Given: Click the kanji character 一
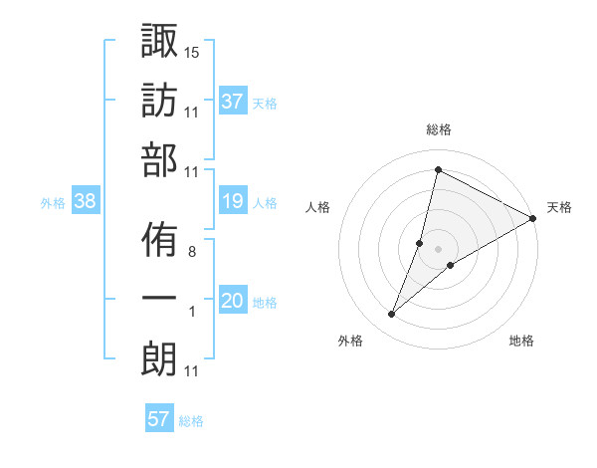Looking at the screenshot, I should [160, 300].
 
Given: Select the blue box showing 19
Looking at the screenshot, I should [233, 202].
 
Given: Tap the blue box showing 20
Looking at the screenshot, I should [233, 302].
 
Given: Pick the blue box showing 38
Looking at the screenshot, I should [85, 202].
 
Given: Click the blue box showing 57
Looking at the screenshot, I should [158, 419].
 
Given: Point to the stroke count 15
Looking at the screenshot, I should [192, 51].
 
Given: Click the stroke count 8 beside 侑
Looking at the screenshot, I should [191, 252].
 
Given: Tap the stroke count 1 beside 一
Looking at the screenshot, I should [192, 313].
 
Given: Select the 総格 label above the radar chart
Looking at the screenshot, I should [438, 129].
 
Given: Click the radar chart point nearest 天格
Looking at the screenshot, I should [533, 218].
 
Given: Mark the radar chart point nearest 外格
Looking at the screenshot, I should [392, 315].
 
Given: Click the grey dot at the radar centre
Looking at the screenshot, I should [438, 248].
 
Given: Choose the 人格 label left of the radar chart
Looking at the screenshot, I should [317, 207].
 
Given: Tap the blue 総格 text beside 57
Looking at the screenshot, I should [191, 420].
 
